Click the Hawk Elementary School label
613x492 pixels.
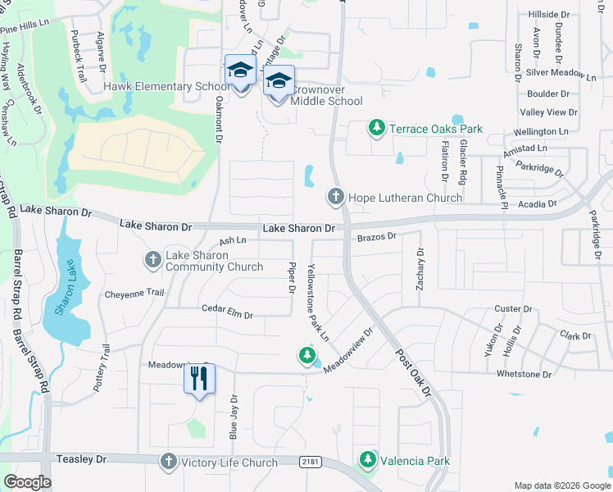166,86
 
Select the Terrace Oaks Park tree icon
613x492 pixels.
376,128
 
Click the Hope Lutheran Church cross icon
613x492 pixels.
335,197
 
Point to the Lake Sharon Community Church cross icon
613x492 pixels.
152,260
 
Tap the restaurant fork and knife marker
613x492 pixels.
198,379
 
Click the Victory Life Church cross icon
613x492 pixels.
169,462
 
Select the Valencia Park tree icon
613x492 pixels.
368,460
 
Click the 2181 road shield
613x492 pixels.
309,463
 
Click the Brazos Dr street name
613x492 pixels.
377,236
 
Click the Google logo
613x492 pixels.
27,481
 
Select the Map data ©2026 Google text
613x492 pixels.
561,485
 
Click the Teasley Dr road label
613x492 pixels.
82,460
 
